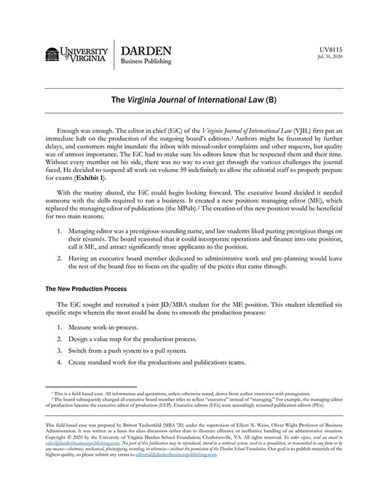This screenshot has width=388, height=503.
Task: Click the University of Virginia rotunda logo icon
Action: pos(52,54)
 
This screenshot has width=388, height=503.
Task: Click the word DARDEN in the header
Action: pos(146,51)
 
